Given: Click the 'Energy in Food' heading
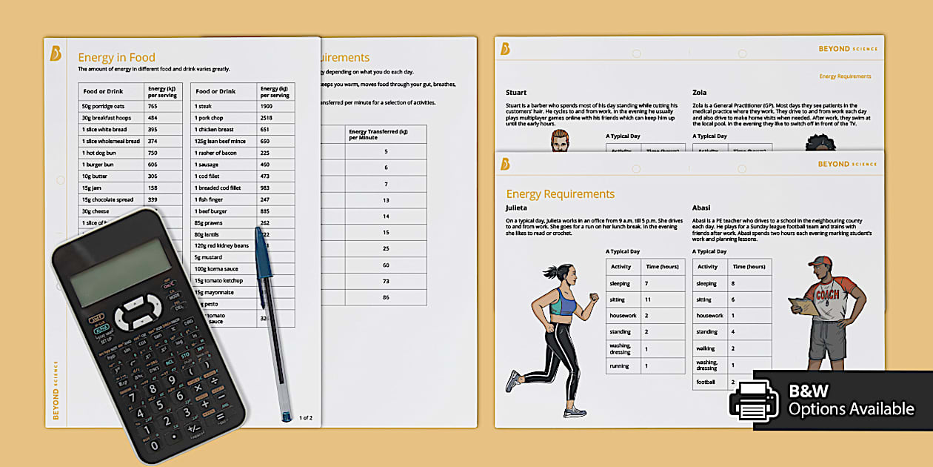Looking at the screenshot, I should pos(116,57).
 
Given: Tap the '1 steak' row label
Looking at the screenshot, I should pos(204,106).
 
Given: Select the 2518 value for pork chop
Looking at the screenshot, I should pos(267,118).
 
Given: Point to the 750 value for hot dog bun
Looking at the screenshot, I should pos(153,153).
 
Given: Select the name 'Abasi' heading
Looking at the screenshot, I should pos(701,208).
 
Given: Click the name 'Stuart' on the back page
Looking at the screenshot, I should pos(516,93).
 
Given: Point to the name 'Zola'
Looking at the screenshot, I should pos(699,93).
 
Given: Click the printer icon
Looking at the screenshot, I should pos(754,400).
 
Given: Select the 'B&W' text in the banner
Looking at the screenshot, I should pos(809,391).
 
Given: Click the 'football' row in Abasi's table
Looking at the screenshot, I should pos(706,382).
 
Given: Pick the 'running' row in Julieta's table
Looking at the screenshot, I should pos(619,365).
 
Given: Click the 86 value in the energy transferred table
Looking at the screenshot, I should pos(386,297).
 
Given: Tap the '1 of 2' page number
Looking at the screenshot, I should pos(305,418).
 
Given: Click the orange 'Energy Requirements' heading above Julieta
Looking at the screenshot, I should pos(560,194).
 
